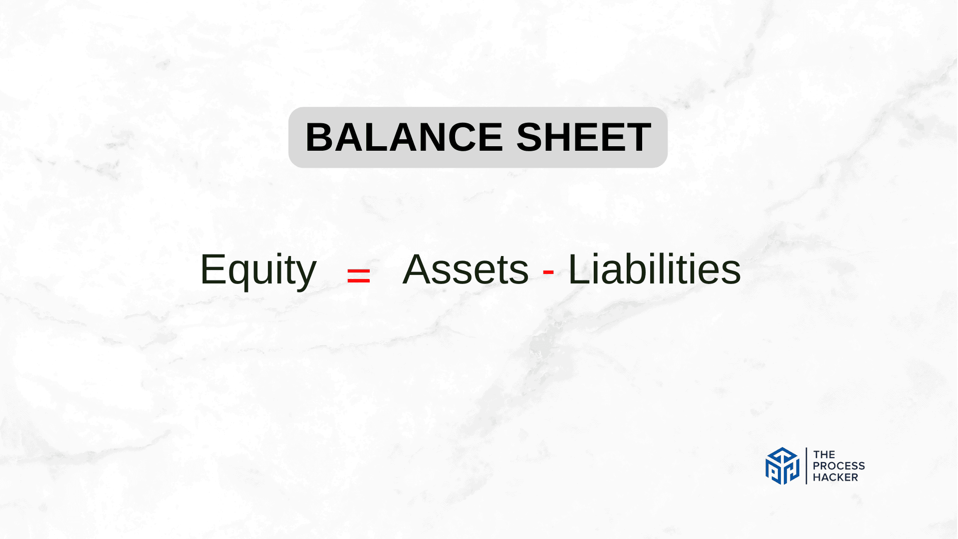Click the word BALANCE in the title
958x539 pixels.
point(404,137)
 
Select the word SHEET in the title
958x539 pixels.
point(584,137)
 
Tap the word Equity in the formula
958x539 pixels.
point(258,270)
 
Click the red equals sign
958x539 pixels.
point(358,275)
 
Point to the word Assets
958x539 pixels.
point(466,269)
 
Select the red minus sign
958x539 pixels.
point(548,272)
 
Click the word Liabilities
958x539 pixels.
point(655,269)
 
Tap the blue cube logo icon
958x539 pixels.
point(782,466)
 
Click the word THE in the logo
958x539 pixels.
point(824,455)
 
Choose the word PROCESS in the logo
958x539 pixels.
point(839,466)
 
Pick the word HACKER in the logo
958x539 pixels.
point(835,477)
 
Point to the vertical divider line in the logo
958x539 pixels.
point(806,466)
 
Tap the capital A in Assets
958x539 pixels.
point(418,269)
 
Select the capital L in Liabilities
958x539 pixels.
point(580,269)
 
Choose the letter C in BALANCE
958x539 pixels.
point(456,137)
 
